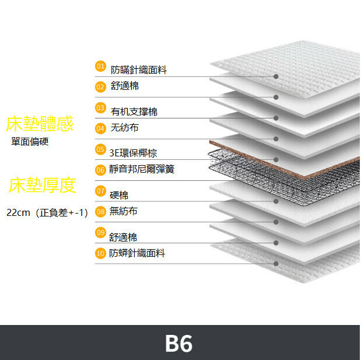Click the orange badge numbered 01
pos(100,67)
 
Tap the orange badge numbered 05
pos(100,149)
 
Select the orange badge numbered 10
pos(100,253)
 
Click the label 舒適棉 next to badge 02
pos(125,86)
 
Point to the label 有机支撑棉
pos(134,111)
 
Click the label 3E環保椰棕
pos(133,153)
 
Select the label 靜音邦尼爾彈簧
pos(142,169)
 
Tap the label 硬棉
pos(119,195)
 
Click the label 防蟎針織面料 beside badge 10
pos(137,253)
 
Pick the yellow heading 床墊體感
pos(40,124)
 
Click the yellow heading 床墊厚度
pos(43,185)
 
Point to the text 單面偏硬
pos(30,141)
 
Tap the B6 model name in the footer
pos(179,344)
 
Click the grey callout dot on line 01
pos(276,76)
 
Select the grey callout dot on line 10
pos(276,264)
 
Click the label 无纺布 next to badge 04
pos(124,128)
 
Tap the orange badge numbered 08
pos(100,212)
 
